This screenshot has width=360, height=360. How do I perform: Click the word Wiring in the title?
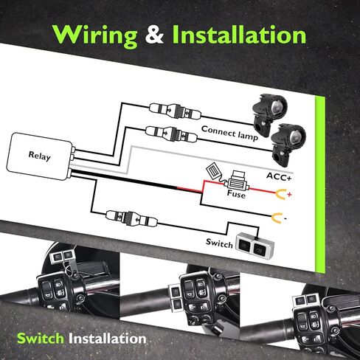(x=95, y=36)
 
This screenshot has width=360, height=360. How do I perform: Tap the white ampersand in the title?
(x=154, y=35)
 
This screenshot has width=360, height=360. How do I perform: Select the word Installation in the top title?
(x=239, y=35)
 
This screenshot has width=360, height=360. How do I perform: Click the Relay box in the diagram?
(x=39, y=156)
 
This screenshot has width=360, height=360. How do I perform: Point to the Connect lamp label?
(x=229, y=133)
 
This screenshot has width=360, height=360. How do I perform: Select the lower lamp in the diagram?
(x=288, y=144)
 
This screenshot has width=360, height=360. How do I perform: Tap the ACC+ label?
(x=279, y=176)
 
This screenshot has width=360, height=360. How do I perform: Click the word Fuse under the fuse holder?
(x=236, y=194)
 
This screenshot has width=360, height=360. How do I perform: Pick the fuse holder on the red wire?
(x=236, y=182)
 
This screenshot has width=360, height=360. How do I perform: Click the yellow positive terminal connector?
(x=281, y=194)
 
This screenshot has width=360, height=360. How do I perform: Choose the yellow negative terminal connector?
(x=277, y=218)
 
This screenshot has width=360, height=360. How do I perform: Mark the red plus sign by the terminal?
(x=289, y=195)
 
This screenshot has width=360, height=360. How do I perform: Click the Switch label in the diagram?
(x=219, y=243)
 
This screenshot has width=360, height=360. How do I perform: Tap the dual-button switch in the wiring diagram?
(x=255, y=246)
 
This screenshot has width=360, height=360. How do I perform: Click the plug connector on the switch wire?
(x=131, y=218)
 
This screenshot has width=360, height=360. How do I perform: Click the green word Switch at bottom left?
(x=41, y=339)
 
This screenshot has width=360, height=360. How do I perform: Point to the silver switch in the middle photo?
(x=176, y=298)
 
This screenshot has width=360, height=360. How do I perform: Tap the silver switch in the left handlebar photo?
(x=62, y=257)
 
